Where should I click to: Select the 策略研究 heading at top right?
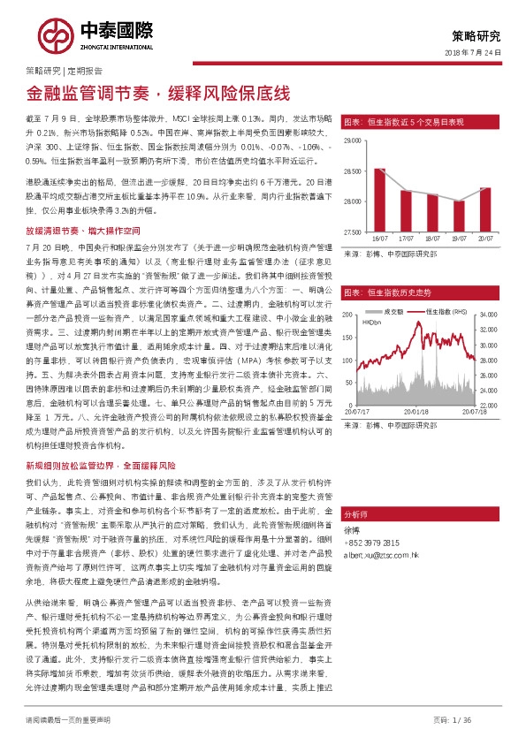(476, 36)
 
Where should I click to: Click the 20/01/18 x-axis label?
(415, 410)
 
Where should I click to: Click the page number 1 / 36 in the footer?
(484, 720)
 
